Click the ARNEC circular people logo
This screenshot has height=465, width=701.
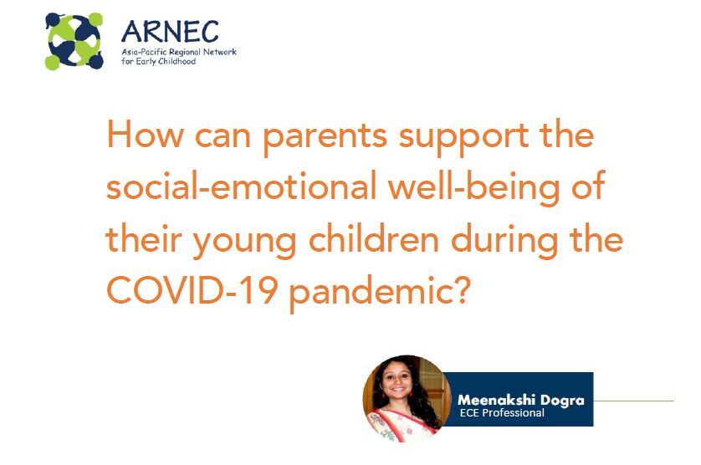[74, 41]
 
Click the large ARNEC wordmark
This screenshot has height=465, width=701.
[170, 32]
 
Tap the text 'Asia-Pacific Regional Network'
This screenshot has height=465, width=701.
[179, 52]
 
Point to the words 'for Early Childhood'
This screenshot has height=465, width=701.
[159, 61]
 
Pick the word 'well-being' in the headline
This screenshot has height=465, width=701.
[474, 188]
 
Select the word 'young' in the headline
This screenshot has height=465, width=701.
[244, 243]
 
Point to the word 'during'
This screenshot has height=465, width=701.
[504, 242]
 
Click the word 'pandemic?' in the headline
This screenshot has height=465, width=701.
[379, 293]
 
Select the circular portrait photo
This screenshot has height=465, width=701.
[407, 398]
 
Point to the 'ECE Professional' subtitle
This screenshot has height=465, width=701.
[502, 412]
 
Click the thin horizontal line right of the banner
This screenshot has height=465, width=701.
[634, 401]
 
